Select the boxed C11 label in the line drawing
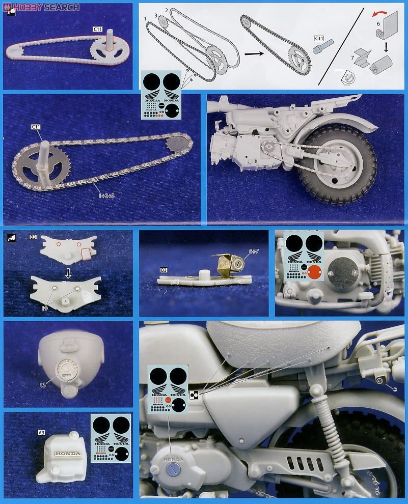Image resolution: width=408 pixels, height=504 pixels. (319, 39)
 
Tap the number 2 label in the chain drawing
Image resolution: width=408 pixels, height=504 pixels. (166, 11)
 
